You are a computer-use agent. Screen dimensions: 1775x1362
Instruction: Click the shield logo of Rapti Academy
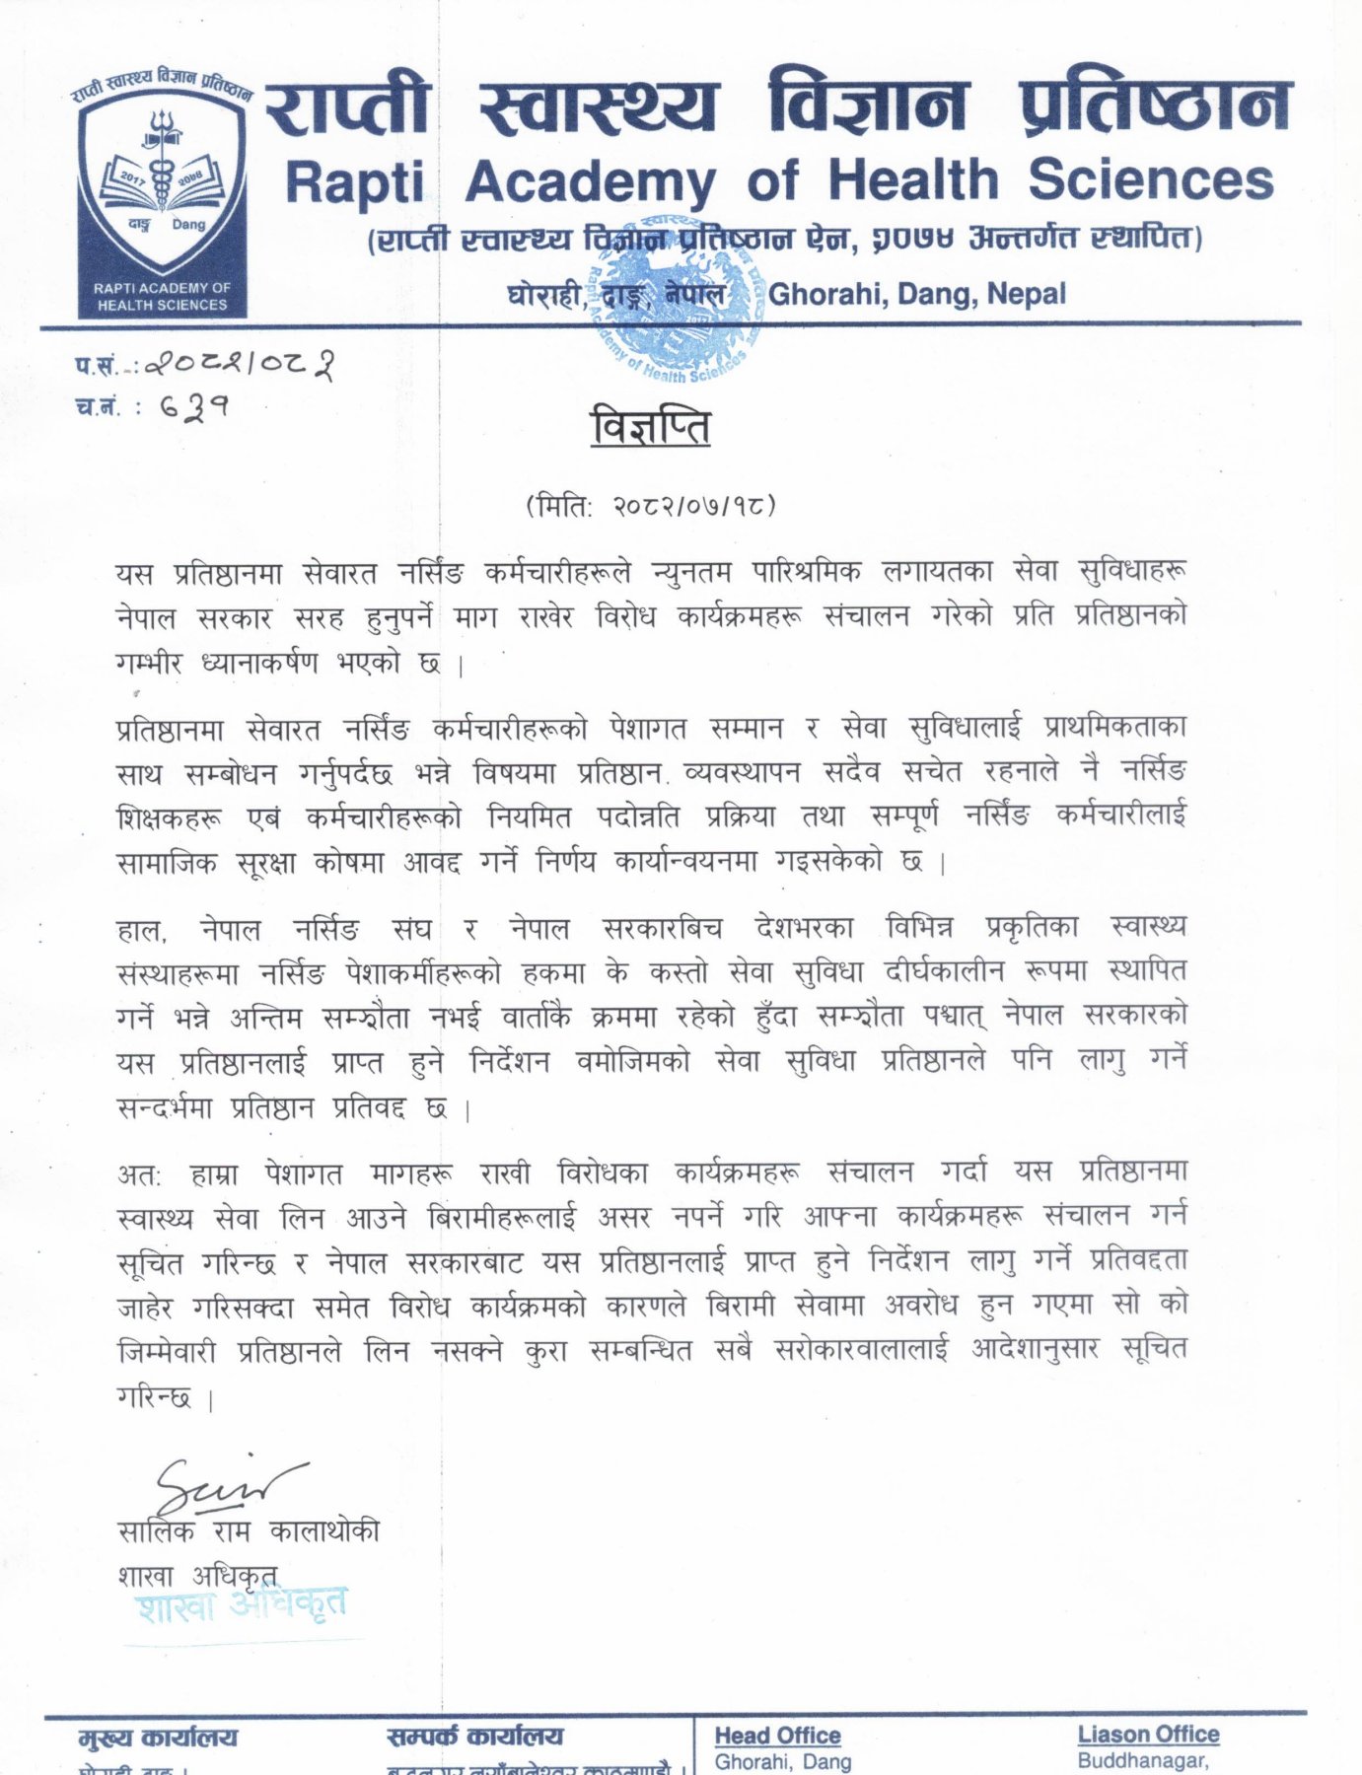(x=163, y=193)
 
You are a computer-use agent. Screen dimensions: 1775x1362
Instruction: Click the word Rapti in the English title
(x=354, y=183)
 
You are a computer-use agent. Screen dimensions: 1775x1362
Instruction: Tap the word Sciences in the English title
(x=1150, y=179)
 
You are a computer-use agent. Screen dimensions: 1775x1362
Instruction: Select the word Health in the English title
(x=912, y=180)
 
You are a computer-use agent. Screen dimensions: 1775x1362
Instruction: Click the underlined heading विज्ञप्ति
(x=650, y=428)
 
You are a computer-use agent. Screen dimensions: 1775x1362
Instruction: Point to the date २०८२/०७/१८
(x=694, y=506)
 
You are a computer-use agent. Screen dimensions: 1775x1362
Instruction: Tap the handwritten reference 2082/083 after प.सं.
(x=240, y=366)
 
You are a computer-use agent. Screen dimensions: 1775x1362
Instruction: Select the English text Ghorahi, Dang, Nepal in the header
(x=916, y=294)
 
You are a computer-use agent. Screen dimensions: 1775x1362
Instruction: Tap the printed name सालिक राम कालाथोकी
(x=248, y=1531)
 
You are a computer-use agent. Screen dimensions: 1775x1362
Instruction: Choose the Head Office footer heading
(x=777, y=1736)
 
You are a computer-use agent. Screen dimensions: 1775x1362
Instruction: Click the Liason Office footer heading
(x=1148, y=1735)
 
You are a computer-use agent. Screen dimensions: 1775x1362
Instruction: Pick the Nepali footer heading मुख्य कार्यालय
(x=158, y=1738)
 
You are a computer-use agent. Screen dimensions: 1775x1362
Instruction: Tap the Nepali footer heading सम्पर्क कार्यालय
(x=474, y=1737)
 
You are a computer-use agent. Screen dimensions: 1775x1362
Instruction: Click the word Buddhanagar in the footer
(x=1142, y=1760)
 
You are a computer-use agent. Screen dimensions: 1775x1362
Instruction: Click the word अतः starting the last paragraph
(x=139, y=1174)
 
